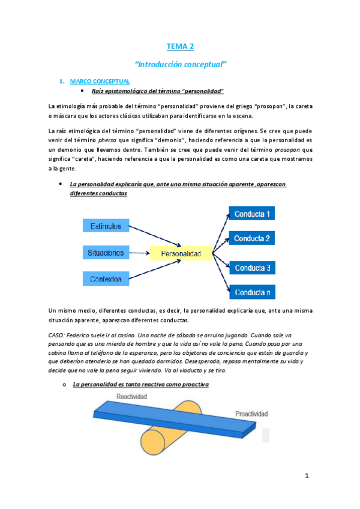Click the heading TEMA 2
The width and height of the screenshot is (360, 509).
180,46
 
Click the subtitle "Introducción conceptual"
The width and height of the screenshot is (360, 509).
180,63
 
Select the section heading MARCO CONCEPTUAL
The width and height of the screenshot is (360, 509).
100,81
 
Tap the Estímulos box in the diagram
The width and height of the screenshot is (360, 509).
106,226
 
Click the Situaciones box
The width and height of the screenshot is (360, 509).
106,253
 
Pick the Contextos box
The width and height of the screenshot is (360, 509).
106,279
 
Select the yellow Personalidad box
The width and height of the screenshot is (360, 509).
181,254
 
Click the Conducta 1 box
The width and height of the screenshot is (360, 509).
252,214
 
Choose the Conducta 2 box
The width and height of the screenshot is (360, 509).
252,239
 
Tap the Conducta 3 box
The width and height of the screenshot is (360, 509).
252,268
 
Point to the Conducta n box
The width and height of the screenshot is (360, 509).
252,293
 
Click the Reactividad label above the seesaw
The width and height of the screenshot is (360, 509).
133,396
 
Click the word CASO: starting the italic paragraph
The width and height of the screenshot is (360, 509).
58,334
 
